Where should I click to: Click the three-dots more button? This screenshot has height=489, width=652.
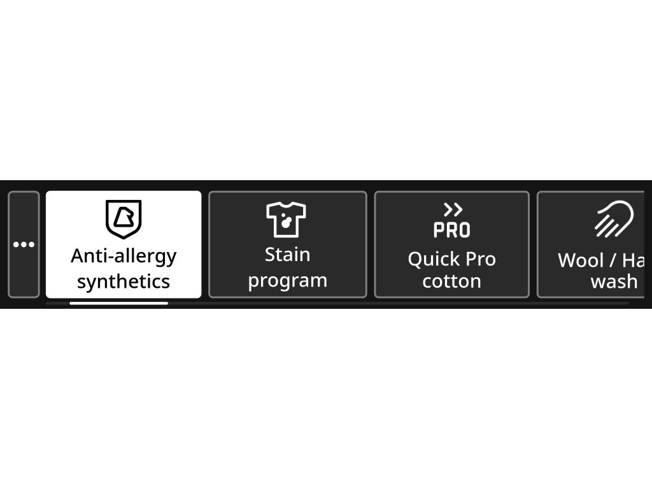(24, 244)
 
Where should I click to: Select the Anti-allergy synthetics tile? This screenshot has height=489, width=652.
(124, 244)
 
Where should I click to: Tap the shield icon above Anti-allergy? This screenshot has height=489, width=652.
(124, 218)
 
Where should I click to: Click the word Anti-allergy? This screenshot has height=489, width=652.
(124, 256)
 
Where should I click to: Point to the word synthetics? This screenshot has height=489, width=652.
(124, 281)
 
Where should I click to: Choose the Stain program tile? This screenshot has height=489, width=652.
(288, 244)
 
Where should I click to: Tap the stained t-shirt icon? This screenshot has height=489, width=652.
(287, 219)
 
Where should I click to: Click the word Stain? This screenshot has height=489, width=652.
(288, 255)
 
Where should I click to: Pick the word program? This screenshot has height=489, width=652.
(288, 281)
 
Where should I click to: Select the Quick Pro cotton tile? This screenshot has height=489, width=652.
(451, 244)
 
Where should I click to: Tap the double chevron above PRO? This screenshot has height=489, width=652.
(453, 209)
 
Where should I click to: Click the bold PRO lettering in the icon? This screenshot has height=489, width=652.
(451, 230)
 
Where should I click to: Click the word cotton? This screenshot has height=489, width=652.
(451, 281)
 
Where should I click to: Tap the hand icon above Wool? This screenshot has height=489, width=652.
(614, 220)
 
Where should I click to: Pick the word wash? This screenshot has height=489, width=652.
(614, 281)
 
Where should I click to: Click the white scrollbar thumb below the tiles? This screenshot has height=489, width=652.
(118, 303)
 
